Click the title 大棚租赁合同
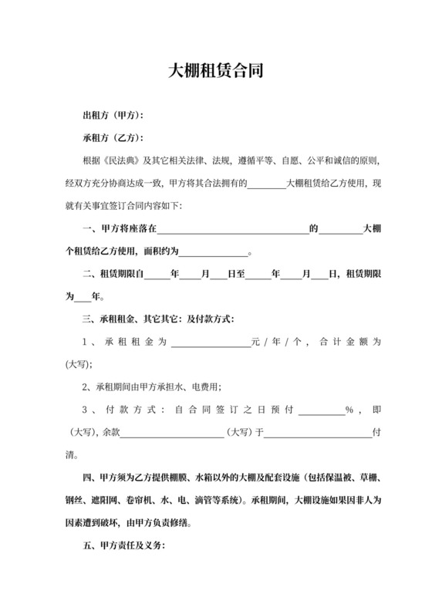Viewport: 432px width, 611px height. click(x=216, y=72)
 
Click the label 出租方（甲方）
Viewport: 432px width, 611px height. click(x=113, y=116)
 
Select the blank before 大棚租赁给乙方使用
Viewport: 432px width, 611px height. click(x=268, y=184)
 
